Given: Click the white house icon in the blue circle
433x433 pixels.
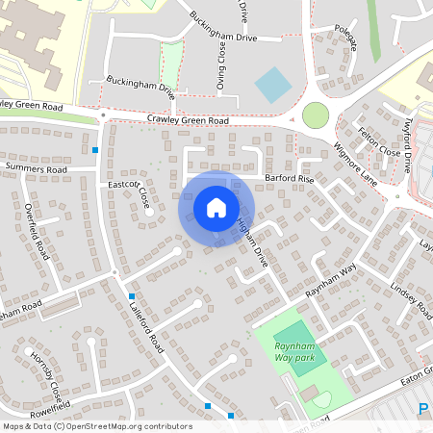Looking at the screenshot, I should tap(216, 207).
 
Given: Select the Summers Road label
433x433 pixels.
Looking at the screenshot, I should tap(36, 168).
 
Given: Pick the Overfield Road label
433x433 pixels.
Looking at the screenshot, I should tap(36, 231).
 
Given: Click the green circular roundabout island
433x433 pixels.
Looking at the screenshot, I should tap(316, 115).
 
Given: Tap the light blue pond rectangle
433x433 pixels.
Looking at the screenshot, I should tap(272, 86).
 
